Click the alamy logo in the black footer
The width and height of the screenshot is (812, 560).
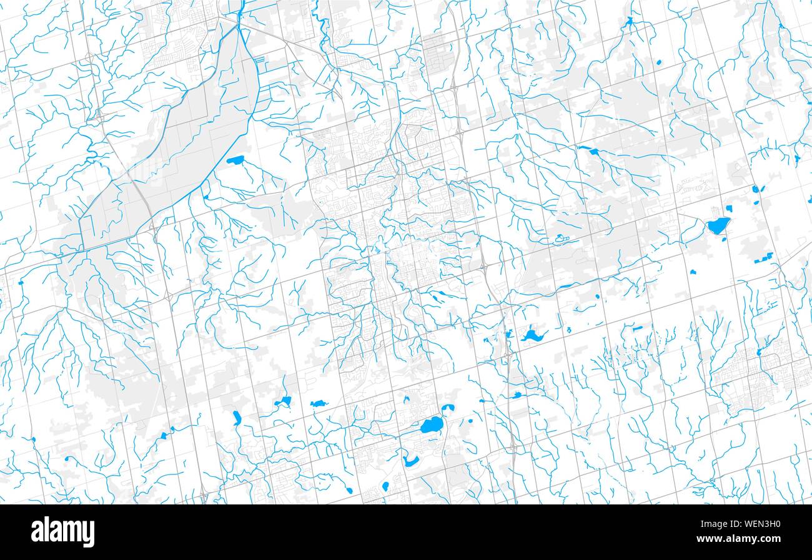(62, 532)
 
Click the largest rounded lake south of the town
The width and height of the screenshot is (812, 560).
(430, 426)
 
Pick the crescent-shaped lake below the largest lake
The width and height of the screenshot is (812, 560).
(410, 463)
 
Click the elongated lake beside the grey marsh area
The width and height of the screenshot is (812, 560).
(235, 160)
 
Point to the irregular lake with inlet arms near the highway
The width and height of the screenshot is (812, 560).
(533, 336)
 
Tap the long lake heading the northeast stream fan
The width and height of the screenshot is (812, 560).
(587, 150)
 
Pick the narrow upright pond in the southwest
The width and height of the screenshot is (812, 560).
(237, 417)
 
